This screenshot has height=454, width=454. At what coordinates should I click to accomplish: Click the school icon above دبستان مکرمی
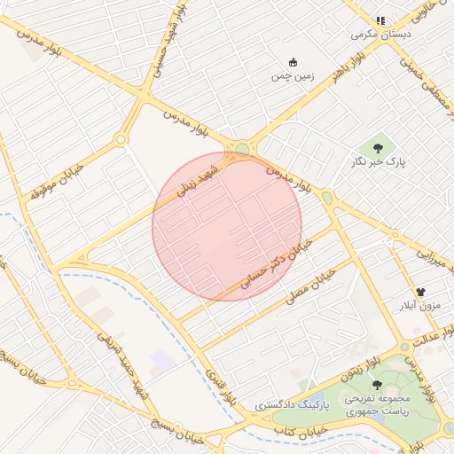click(380, 20)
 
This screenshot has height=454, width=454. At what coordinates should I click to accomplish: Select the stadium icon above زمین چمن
click(294, 61)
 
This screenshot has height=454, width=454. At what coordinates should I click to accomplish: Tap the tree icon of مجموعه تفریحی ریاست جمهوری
click(378, 384)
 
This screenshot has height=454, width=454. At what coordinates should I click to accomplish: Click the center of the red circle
click(227, 226)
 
